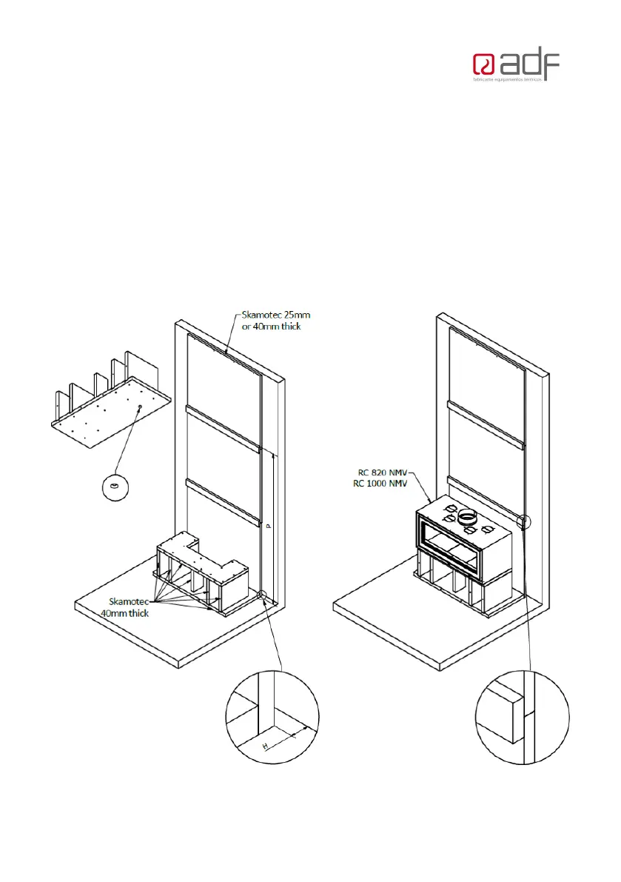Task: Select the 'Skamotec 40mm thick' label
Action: [x=129, y=607]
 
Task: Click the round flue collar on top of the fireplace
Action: [x=467, y=516]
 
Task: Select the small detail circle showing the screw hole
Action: [x=114, y=488]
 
